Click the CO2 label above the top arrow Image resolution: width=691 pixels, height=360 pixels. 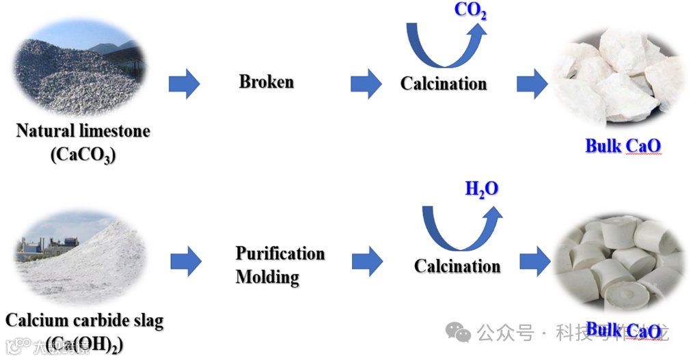470,11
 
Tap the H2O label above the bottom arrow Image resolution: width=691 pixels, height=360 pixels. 481,189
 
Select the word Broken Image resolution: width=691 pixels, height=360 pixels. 266,82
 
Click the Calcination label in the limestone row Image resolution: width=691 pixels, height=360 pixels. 444,84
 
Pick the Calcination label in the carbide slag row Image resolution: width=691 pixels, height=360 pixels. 457,265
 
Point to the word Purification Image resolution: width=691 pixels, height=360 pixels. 280,253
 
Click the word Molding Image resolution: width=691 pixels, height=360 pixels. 267,277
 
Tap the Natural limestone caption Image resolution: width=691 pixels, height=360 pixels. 83,130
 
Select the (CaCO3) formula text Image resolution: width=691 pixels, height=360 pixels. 83,154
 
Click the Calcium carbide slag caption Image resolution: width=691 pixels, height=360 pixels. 84,320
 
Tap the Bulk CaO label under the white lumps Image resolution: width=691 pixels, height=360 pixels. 623,146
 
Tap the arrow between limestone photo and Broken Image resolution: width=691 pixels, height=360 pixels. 184,84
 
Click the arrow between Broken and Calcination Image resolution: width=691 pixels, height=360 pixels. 366,84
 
